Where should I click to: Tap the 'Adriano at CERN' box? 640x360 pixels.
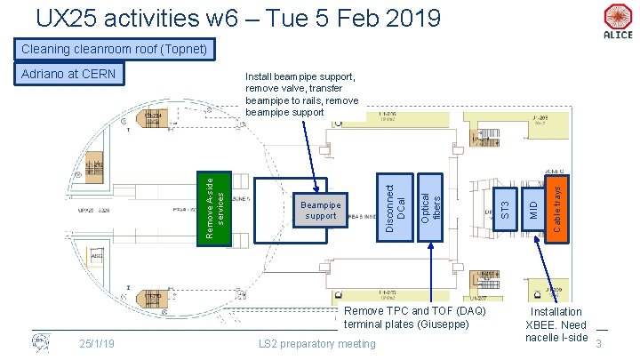[x=69, y=74]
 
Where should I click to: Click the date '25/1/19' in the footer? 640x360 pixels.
[x=95, y=344]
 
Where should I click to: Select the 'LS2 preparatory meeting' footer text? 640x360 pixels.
[x=316, y=344]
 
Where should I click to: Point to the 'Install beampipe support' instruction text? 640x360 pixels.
[x=301, y=95]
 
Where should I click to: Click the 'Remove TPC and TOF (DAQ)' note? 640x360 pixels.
[x=414, y=317]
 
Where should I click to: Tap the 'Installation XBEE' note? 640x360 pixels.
[x=557, y=324]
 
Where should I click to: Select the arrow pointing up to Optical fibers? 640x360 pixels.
[x=431, y=271]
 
